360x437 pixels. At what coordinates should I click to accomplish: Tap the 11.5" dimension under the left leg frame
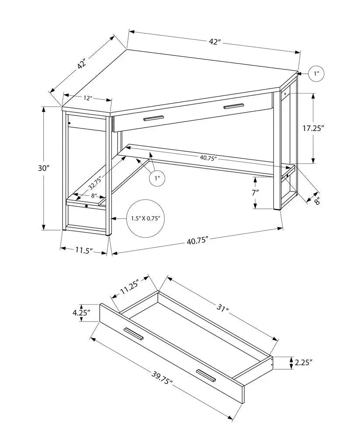click(83, 250)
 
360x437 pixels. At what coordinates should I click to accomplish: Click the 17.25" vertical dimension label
click(315, 128)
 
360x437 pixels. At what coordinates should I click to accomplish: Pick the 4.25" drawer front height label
click(82, 313)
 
